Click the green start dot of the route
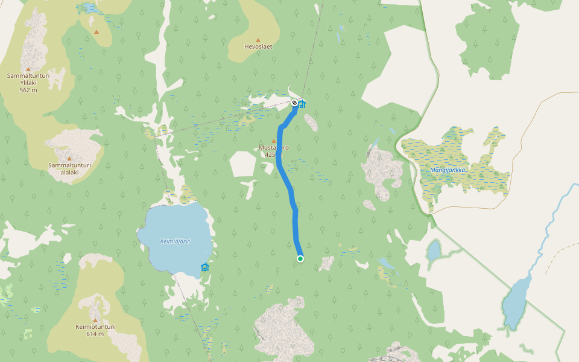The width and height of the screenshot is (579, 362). tap(300, 259)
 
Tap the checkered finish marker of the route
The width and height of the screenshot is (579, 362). tap(294, 103)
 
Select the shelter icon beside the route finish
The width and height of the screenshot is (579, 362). tap(302, 104)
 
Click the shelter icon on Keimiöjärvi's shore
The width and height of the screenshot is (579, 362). tap(205, 267)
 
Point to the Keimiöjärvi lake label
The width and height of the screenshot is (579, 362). tap(175, 241)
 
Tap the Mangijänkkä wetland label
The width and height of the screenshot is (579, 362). tap(448, 170)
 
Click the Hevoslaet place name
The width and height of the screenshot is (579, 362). tap(258, 46)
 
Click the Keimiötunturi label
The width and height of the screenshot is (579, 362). tap(95, 326)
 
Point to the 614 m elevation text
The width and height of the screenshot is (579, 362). tap(95, 334)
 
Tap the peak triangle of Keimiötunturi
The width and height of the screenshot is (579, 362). tap(95, 319)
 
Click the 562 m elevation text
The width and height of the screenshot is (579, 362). tap(28, 90)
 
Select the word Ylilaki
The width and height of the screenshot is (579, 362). tap(28, 83)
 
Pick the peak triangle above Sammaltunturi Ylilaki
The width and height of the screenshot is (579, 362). tap(28, 69)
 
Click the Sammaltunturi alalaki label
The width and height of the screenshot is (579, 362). tap(69, 168)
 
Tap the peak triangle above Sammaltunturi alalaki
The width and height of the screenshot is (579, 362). tap(69, 158)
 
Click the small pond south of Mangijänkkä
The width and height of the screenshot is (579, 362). tap(434, 251)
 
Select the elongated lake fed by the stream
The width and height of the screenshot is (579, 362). tap(514, 305)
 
